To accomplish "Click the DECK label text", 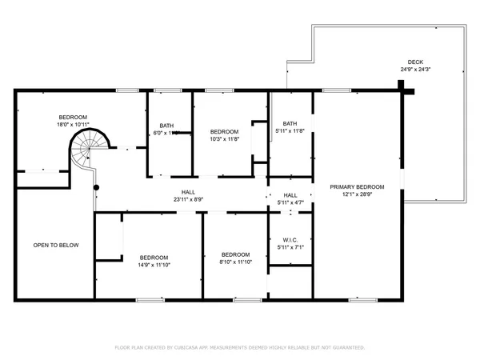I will [x=415, y=62].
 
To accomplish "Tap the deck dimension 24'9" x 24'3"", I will [x=415, y=69].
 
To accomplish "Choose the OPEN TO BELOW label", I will [x=55, y=245].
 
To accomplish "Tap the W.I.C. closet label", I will [x=290, y=239].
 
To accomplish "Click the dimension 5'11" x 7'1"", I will [x=290, y=246].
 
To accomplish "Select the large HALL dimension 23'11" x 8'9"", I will [x=188, y=199].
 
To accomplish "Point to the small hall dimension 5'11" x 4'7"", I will [x=290, y=202].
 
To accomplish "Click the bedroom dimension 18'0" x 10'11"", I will [x=72, y=124].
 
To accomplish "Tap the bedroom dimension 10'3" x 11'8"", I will [x=224, y=138].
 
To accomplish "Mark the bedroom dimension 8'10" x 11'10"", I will [x=236, y=261].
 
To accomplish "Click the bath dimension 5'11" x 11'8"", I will [x=290, y=130].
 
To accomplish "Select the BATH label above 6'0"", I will [x=166, y=125].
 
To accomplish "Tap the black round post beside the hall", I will [x=96, y=188].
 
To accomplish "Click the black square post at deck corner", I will [x=409, y=91].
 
